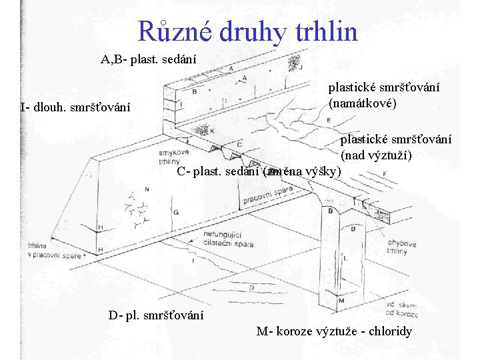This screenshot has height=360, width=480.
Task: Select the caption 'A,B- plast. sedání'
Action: pyautogui.click(x=149, y=59)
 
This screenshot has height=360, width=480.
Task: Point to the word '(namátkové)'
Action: pyautogui.click(x=363, y=104)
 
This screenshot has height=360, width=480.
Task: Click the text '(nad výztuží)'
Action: pyautogui.click(x=376, y=155)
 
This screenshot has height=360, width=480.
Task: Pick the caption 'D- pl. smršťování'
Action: pyautogui.click(x=156, y=315)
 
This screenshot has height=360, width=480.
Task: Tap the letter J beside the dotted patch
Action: pyautogui.click(x=301, y=67)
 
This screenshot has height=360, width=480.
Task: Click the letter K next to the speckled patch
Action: pyautogui.click(x=211, y=131)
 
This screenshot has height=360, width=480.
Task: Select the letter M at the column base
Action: pyautogui.click(x=341, y=300)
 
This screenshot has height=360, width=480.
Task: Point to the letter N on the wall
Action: pyautogui.click(x=147, y=189)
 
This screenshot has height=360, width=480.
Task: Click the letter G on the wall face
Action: pyautogui.click(x=175, y=211)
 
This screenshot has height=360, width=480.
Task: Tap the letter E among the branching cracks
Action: pyautogui.click(x=329, y=120)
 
